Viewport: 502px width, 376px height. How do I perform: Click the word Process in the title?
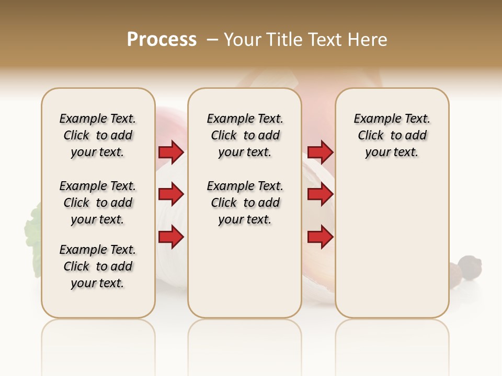[162, 40]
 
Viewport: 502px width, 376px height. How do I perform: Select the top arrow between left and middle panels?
[171, 152]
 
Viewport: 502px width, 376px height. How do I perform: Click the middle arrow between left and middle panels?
[171, 194]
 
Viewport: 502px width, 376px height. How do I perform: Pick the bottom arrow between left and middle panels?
[171, 237]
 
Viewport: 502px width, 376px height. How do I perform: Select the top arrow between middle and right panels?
[320, 152]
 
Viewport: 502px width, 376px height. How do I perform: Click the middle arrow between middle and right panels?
[320, 194]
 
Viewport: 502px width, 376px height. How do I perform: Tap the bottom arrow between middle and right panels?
[320, 237]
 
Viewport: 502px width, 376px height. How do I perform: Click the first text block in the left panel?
[98, 135]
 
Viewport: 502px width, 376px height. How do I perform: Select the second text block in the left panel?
[98, 203]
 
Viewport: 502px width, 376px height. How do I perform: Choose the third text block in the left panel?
[98, 266]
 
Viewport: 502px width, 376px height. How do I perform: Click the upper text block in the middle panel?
[245, 135]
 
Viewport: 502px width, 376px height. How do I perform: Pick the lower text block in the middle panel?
[245, 203]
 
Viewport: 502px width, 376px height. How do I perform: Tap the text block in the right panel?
[392, 135]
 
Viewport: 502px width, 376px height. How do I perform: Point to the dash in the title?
[212, 40]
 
